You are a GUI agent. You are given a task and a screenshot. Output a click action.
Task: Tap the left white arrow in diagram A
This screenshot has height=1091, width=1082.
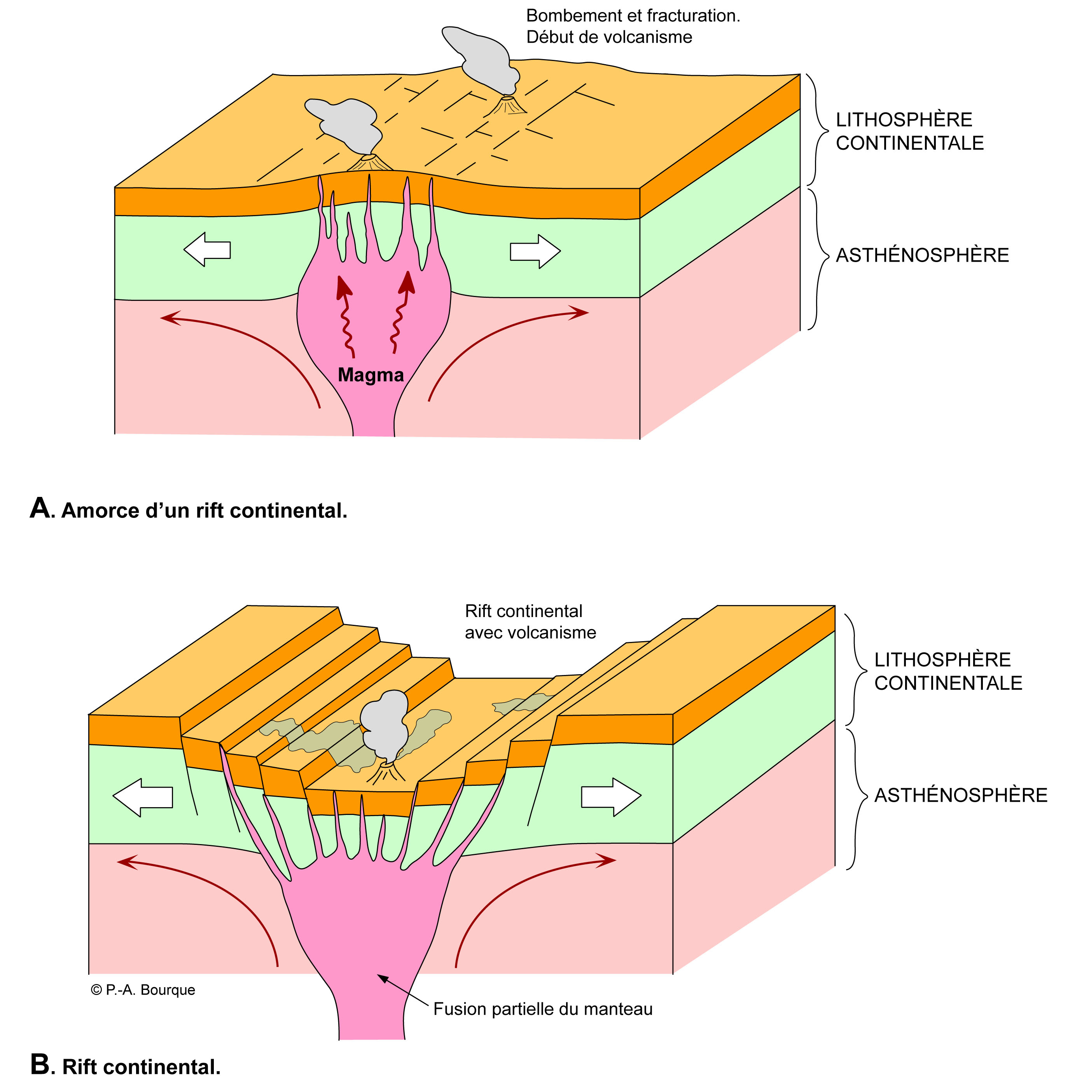tap(207, 250)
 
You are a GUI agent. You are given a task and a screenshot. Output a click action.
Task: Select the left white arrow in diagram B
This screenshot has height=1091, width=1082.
tap(142, 797)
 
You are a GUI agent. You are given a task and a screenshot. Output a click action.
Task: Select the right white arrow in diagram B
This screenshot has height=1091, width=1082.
tap(611, 797)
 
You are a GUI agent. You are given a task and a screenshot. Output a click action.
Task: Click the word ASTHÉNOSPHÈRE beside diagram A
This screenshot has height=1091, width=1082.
tap(922, 255)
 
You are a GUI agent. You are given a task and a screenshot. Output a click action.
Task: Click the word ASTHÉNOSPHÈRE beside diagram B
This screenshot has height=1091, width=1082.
tap(961, 795)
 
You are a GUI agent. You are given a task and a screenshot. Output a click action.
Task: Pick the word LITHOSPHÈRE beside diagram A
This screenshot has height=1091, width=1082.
tap(904, 120)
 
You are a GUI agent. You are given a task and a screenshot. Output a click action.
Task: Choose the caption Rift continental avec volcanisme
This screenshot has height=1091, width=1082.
tap(530, 622)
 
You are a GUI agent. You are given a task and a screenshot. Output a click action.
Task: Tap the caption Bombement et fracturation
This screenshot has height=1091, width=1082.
tap(633, 16)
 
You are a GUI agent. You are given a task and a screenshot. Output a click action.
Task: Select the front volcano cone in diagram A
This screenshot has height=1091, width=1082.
tap(370, 163)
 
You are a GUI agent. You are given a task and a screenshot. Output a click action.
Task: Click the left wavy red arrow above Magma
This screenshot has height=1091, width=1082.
tap(345, 316)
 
